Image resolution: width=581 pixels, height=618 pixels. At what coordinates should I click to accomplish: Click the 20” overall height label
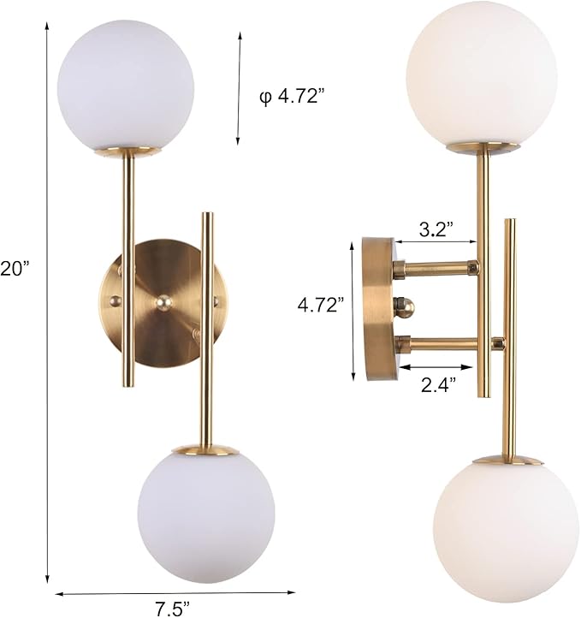pos(15,268)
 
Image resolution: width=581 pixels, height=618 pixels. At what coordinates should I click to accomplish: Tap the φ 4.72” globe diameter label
pos(293,97)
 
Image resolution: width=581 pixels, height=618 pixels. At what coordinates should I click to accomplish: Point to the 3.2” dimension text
pos(436,229)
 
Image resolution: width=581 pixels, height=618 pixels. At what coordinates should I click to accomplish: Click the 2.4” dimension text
pos(438,384)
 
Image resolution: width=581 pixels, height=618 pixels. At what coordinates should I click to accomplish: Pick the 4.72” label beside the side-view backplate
pos(323,304)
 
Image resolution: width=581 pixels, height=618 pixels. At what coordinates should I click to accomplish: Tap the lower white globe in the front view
pos(205,514)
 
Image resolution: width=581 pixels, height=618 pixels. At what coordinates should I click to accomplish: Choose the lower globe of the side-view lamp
pos(506,522)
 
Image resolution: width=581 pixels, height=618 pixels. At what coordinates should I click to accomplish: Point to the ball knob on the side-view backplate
pos(404,306)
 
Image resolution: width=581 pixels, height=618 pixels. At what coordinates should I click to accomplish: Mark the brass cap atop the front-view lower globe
pos(205,449)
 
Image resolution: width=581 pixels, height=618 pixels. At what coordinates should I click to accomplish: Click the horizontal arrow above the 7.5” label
pos(175,591)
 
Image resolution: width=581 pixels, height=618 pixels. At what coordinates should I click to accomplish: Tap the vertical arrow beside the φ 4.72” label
pos(240,88)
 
